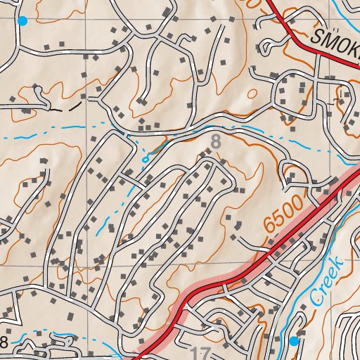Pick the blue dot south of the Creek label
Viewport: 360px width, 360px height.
click(x=294, y=341)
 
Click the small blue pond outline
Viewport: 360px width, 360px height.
click(x=146, y=159)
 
